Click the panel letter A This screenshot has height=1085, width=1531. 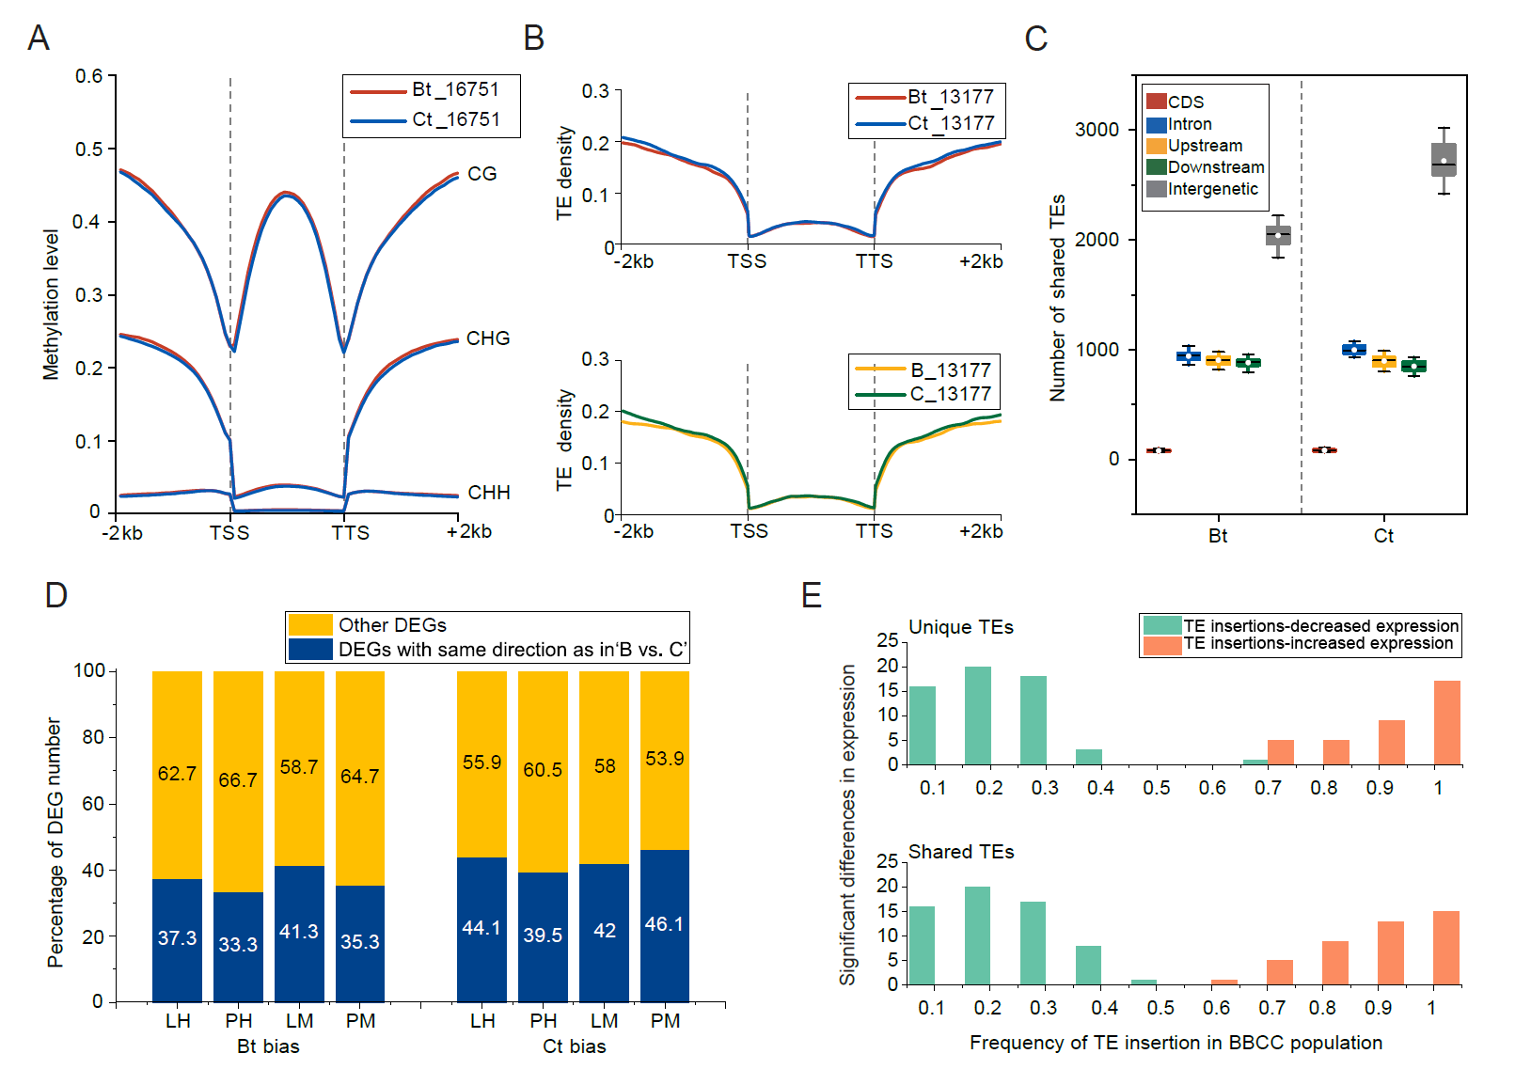pos(39,39)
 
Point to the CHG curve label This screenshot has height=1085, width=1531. pos(487,338)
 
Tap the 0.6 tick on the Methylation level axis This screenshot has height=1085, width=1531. pos(89,76)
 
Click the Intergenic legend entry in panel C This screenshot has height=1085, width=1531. pos(1212,189)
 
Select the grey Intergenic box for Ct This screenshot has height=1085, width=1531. pos(1444,160)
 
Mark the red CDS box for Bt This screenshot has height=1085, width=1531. pos(1159,450)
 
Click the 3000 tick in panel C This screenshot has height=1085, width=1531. pos(1097,130)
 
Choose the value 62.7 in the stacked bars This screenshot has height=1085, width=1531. pos(177,774)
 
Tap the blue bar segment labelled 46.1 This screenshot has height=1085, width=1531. pos(664,925)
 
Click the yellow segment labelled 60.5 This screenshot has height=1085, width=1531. pos(543,770)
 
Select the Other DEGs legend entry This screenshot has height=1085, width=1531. pos(392,625)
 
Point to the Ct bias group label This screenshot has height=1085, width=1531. pos(574,1046)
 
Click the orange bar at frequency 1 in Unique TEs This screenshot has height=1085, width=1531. pos(1446,722)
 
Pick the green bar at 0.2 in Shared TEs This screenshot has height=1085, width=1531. pos(977,935)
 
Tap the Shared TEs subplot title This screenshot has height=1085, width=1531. pos(960,852)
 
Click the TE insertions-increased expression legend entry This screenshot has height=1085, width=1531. pos(1318,643)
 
